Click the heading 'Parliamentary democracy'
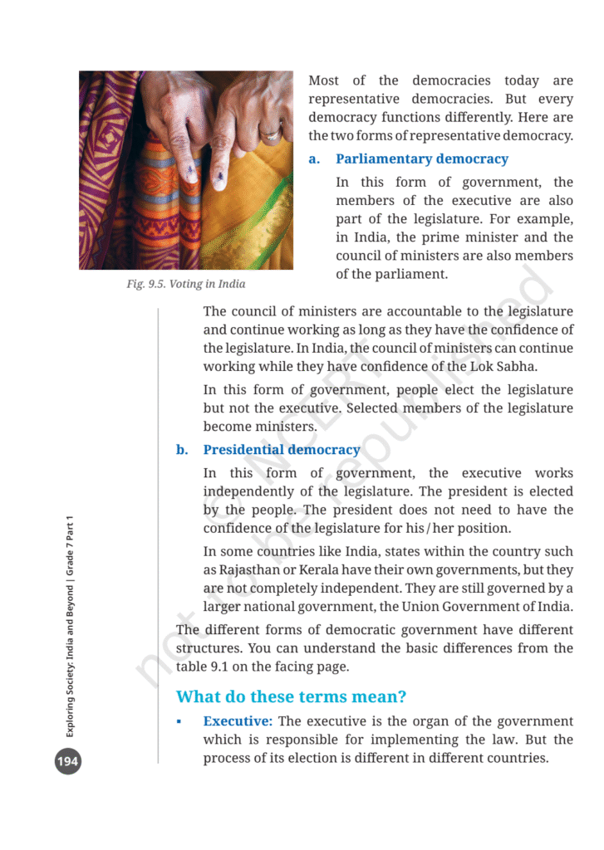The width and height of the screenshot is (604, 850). click(x=421, y=159)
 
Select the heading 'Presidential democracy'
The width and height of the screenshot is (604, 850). click(x=282, y=450)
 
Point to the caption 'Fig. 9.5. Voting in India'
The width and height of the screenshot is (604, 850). click(x=186, y=284)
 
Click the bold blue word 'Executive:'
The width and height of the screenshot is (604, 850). click(x=238, y=721)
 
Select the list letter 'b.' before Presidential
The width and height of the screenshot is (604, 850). click(x=182, y=450)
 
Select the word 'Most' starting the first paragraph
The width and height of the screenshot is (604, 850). click(x=323, y=81)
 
